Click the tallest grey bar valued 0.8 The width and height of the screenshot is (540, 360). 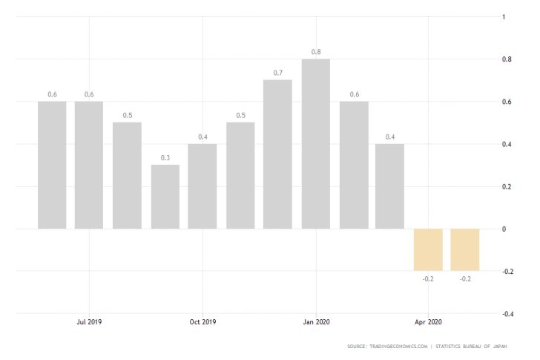coord(316,143)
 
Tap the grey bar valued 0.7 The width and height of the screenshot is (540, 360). coord(277,154)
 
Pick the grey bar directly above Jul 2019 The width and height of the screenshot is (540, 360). coord(89,164)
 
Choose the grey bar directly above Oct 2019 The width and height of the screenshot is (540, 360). coord(202,186)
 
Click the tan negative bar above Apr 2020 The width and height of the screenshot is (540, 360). coord(428,249)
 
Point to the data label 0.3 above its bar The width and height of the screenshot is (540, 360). coord(165,158)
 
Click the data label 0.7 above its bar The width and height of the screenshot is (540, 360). coord(277,73)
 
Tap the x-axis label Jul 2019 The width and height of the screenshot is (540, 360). coord(89,321)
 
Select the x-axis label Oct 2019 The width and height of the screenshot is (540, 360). coord(202,321)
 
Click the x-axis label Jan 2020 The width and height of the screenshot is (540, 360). coord(316,321)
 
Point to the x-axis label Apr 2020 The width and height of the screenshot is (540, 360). coord(428,321)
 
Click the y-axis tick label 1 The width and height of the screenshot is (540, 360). coord(504,16)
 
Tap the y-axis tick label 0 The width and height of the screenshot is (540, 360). coord(504,229)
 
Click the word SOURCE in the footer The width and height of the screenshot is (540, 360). coord(357,346)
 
